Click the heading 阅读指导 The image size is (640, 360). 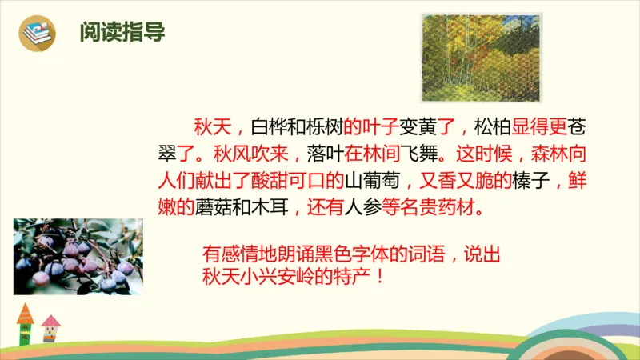pyautogui.click(x=122, y=33)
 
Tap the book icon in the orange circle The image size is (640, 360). pyautogui.click(x=38, y=34)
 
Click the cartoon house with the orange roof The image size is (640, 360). pyautogui.click(x=25, y=322)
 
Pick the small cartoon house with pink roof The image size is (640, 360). pyautogui.click(x=51, y=327)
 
